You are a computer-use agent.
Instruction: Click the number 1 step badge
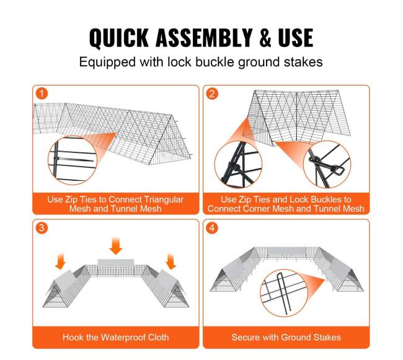pyautogui.click(x=42, y=94)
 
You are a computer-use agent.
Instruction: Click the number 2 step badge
pyautogui.click(x=212, y=94)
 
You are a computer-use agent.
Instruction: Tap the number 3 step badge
pyautogui.click(x=42, y=227)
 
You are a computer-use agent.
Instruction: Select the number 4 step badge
pyautogui.click(x=212, y=227)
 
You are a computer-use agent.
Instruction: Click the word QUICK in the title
pyautogui.click(x=119, y=38)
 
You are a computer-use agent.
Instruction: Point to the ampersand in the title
pyautogui.click(x=265, y=38)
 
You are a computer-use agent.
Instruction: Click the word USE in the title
pyautogui.click(x=296, y=38)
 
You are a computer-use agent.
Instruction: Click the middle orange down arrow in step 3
pyautogui.click(x=116, y=246)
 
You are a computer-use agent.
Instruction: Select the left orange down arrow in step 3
pyautogui.click(x=61, y=261)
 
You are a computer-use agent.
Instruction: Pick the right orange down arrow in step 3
pyautogui.click(x=171, y=261)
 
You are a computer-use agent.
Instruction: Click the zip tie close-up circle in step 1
pyautogui.click(x=73, y=160)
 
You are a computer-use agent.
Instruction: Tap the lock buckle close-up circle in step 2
pyautogui.click(x=327, y=164)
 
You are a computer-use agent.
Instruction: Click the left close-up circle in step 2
pyautogui.click(x=238, y=164)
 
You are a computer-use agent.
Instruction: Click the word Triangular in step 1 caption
pyautogui.click(x=164, y=200)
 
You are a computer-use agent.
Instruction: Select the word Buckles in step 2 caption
pyautogui.click(x=326, y=200)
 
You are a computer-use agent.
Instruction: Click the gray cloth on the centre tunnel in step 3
pyautogui.click(x=116, y=263)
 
